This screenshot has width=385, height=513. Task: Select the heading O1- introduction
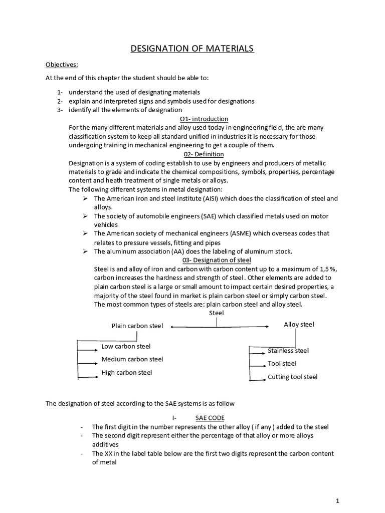(x=204, y=119)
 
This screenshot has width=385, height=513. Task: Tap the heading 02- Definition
(x=204, y=154)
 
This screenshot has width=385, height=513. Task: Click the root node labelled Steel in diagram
(x=217, y=313)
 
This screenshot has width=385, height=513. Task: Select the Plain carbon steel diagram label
(x=137, y=326)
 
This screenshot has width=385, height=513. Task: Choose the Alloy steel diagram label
(x=299, y=325)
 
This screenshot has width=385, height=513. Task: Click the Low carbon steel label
(x=126, y=346)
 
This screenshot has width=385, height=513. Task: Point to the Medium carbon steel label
(x=132, y=359)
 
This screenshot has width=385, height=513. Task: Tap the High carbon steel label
(x=127, y=372)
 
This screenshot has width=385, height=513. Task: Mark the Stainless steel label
(x=288, y=351)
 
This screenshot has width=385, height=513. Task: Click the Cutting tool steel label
(x=292, y=377)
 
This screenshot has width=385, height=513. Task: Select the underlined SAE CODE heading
(x=210, y=417)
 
